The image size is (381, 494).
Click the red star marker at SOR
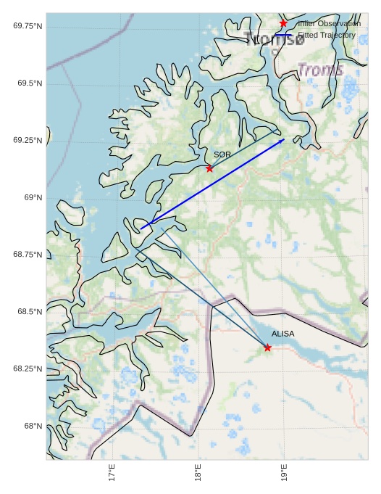tap(209, 168)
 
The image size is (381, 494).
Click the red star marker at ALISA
tap(267, 347)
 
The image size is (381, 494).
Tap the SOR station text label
tap(222, 155)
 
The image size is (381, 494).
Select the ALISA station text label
tap(283, 334)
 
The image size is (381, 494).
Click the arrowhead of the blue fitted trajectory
tap(283, 139)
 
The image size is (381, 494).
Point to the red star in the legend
tap(283, 24)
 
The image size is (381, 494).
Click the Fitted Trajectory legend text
tap(327, 35)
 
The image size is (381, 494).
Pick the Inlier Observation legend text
tap(329, 24)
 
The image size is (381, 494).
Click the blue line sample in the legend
tap(283, 35)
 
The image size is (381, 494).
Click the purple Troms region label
tap(320, 70)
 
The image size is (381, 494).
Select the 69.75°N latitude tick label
tap(28, 26)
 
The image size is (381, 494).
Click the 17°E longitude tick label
tap(112, 473)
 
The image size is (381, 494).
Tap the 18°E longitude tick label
tap(198, 473)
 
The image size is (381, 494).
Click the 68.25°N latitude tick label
tap(28, 369)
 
